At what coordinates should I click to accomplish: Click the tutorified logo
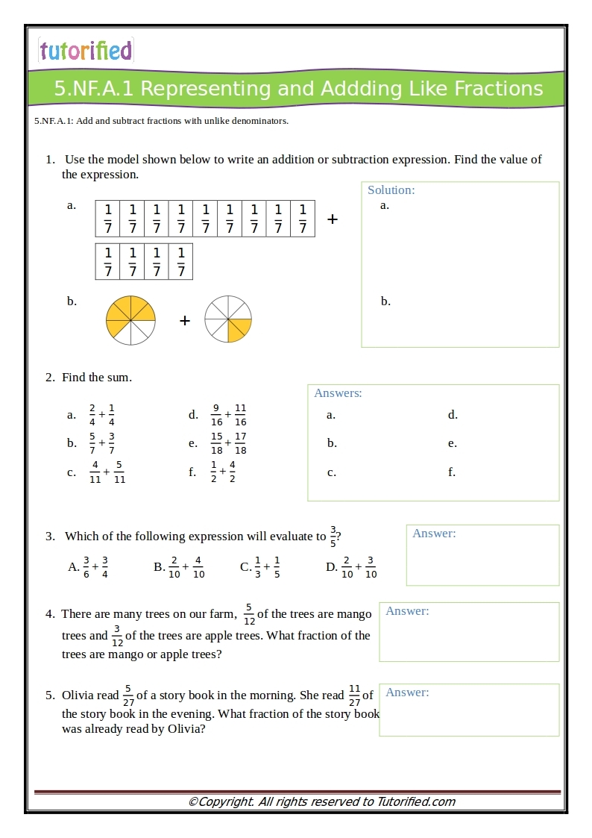[86, 50]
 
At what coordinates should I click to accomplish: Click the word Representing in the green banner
[207, 89]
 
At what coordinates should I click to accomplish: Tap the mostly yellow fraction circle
[130, 320]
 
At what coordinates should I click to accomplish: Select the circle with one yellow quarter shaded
[228, 319]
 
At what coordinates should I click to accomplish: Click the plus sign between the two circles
[185, 321]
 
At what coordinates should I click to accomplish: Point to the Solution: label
[391, 190]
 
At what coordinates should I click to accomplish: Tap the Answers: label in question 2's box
[338, 393]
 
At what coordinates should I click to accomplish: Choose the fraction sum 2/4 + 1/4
[101, 415]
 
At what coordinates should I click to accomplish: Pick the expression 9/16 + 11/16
[228, 415]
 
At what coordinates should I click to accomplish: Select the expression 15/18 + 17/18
[228, 443]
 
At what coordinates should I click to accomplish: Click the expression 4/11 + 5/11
[107, 472]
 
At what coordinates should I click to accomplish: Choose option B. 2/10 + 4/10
[179, 567]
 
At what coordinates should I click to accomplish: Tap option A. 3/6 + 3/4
[89, 567]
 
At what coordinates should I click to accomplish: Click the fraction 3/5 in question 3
[333, 537]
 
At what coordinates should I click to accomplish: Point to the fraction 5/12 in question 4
[249, 614]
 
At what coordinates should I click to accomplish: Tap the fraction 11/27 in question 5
[354, 695]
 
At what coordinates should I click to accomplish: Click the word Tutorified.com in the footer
[416, 802]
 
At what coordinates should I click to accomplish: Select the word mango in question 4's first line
[355, 614]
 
